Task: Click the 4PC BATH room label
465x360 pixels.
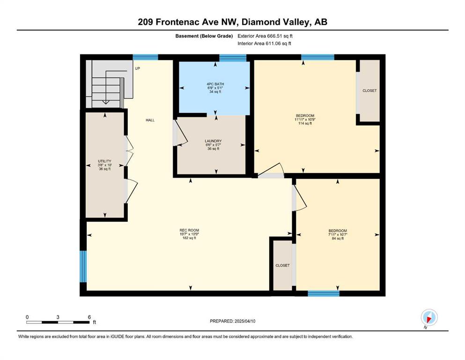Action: tap(215, 84)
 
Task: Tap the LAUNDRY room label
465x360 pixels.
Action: tap(213, 141)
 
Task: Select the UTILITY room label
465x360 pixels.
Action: tap(105, 161)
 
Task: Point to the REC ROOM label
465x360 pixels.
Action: tap(189, 230)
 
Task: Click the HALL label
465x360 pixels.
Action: tap(150, 120)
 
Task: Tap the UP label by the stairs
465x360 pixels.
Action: tap(138, 68)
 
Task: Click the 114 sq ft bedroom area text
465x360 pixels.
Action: tap(305, 123)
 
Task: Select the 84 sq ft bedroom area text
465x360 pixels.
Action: tap(338, 238)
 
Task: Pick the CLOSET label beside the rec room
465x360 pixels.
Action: tap(282, 265)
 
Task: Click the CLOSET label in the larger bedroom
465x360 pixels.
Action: tap(369, 90)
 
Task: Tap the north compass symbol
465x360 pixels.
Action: tap(429, 318)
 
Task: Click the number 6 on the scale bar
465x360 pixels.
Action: tap(89, 317)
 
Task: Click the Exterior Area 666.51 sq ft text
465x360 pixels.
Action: tap(265, 36)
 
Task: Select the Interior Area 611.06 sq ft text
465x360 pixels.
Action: tap(264, 43)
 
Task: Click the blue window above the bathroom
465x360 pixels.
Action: tap(233, 58)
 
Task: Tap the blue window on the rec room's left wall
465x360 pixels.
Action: tap(83, 267)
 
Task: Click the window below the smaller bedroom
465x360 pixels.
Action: tap(324, 293)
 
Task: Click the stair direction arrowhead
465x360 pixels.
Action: tap(105, 102)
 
